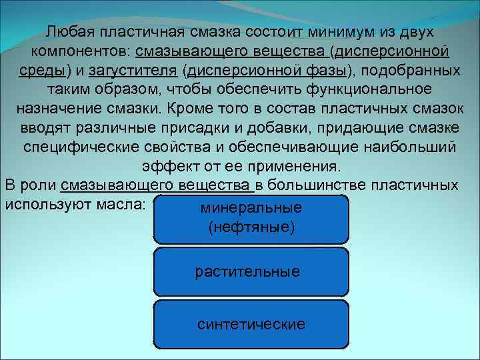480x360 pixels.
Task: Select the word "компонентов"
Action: (x=79, y=51)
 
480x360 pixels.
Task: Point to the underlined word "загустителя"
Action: (x=133, y=71)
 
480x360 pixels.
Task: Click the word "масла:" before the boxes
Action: (x=121, y=203)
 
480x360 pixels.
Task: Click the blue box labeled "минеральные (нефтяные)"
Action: (x=251, y=219)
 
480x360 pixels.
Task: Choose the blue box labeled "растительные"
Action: (x=251, y=271)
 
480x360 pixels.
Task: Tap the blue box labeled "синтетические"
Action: (x=251, y=324)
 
